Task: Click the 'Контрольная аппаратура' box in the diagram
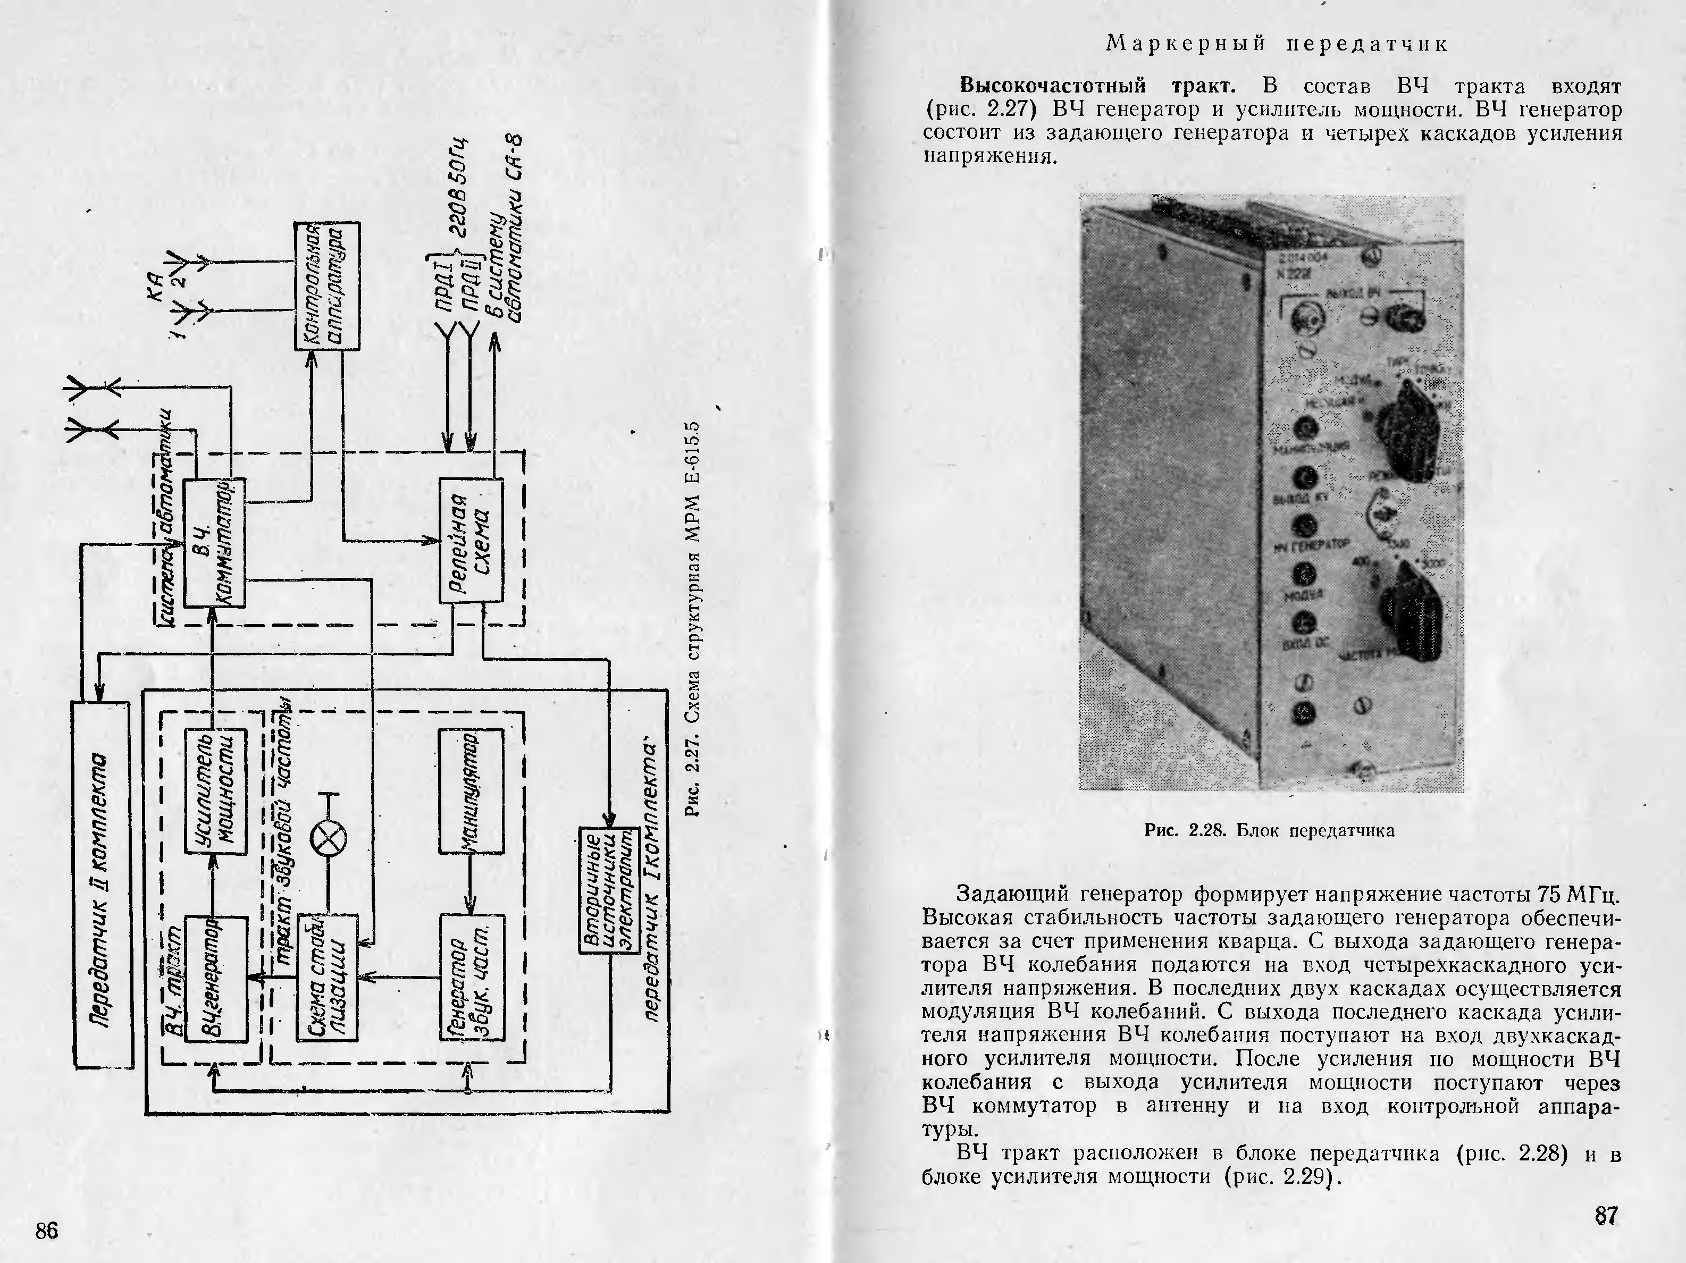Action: [327, 286]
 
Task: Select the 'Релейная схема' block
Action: [472, 540]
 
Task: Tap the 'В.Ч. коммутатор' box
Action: [215, 542]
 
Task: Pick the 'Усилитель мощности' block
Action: [216, 791]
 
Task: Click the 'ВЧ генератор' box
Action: [216, 979]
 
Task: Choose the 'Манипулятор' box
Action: [471, 791]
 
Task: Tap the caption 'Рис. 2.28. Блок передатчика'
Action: [1270, 830]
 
